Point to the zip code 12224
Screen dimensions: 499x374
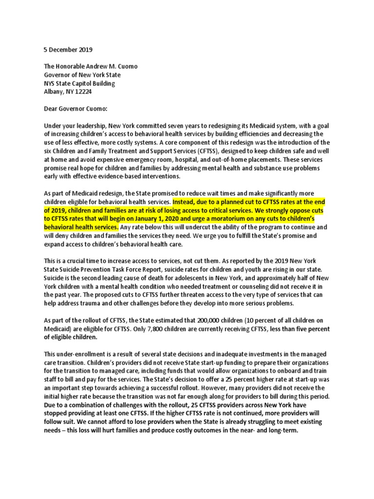coord(82,92)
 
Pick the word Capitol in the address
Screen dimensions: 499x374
coord(86,83)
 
